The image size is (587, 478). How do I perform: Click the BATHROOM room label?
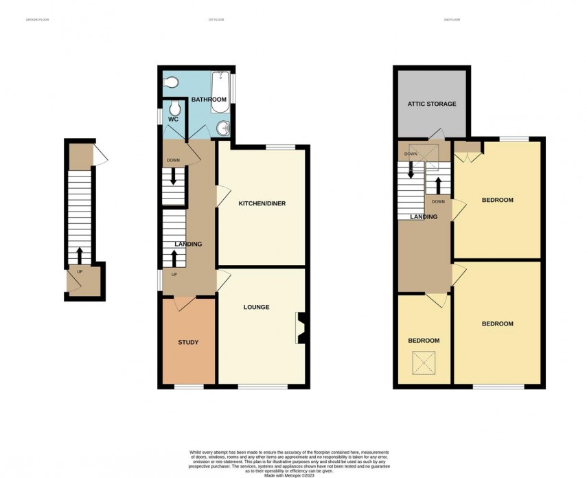(x=209, y=100)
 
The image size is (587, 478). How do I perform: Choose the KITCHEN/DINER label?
(x=262, y=204)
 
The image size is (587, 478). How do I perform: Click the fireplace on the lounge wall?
(x=301, y=328)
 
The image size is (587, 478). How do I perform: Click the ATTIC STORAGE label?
(x=432, y=104)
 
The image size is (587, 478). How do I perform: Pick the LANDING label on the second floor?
(x=424, y=217)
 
